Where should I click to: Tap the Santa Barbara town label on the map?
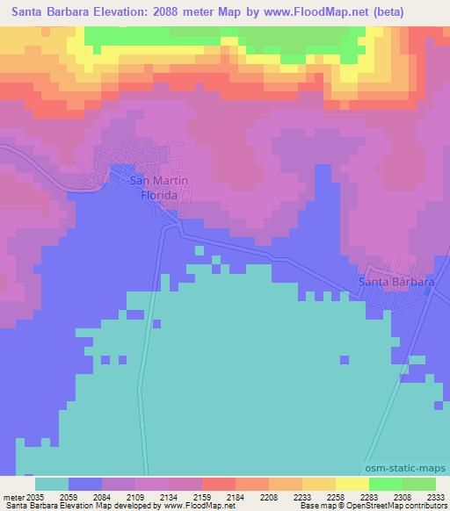397,282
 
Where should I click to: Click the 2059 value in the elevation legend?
68,496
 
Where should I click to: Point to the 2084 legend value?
101,496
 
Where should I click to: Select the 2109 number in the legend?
134,496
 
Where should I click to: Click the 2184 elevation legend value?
235,496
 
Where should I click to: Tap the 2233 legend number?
301,496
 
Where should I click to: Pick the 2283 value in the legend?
368,496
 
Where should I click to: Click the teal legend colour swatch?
51,484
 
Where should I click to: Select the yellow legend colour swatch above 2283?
352,484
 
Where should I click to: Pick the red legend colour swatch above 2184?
218,484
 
